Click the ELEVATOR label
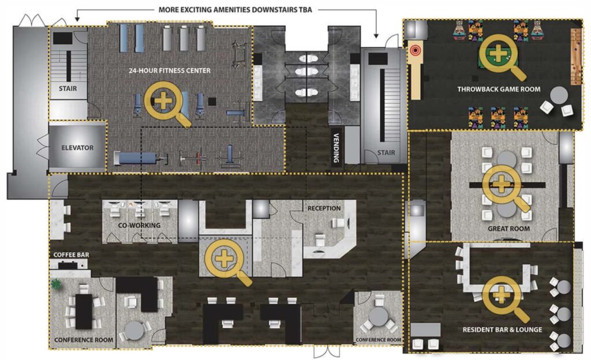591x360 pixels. point(77,148)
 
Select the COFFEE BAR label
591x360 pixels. point(71,255)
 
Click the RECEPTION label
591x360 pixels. point(324,208)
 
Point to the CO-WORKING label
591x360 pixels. point(139,225)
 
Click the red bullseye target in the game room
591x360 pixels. point(416,50)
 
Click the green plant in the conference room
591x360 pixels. point(57,284)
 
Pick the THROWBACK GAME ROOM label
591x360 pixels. point(499,89)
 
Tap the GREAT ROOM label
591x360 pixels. point(509,228)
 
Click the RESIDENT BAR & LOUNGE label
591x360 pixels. point(503,329)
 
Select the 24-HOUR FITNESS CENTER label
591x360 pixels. point(170,70)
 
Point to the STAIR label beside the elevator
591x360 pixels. point(68,88)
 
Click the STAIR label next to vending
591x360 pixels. point(386,152)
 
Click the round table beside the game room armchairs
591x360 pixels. point(559,96)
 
